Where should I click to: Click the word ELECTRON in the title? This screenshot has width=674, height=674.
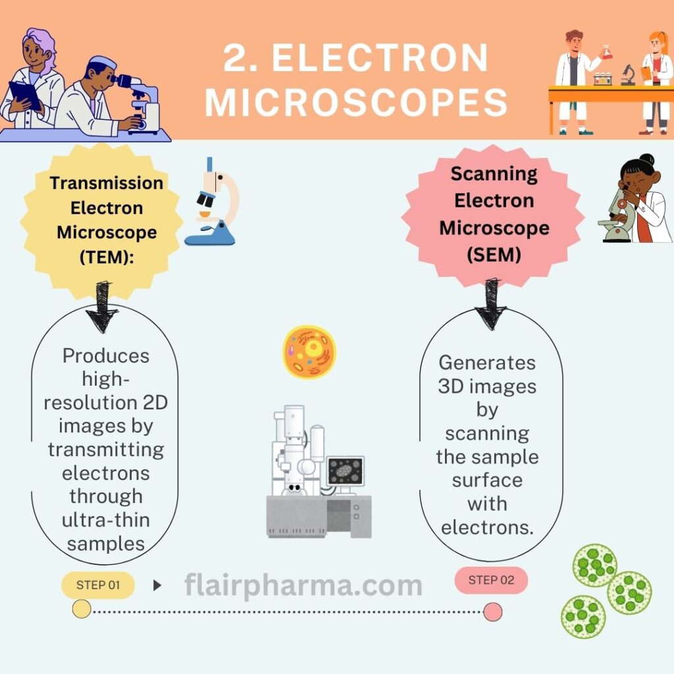pyautogui.click(x=380, y=58)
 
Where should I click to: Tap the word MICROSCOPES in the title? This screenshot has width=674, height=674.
pyautogui.click(x=356, y=102)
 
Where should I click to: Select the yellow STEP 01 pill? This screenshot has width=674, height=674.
pyautogui.click(x=98, y=585)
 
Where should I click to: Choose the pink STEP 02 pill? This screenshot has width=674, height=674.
pyautogui.click(x=491, y=581)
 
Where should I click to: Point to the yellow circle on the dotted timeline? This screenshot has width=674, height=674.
pyautogui.click(x=82, y=609)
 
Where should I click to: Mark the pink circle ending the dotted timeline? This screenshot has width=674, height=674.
pyautogui.click(x=492, y=611)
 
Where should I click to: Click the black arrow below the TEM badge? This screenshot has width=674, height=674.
pyautogui.click(x=102, y=307)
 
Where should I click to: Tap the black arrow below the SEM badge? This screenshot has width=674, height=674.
pyautogui.click(x=491, y=304)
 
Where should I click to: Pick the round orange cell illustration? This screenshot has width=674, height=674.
pyautogui.click(x=309, y=352)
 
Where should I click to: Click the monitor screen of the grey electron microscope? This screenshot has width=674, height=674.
pyautogui.click(x=345, y=471)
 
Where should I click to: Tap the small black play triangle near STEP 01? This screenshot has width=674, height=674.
pyautogui.click(x=157, y=585)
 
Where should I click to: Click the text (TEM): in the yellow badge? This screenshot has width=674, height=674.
pyautogui.click(x=107, y=257)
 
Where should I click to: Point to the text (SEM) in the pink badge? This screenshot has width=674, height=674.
pyautogui.click(x=494, y=255)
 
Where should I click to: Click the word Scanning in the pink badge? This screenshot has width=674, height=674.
pyautogui.click(x=494, y=174)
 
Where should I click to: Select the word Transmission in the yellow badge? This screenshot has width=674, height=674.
pyautogui.click(x=107, y=183)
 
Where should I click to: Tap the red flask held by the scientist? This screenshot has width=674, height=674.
pyautogui.click(x=607, y=51)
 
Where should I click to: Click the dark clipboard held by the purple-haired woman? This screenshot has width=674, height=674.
pyautogui.click(x=24, y=95)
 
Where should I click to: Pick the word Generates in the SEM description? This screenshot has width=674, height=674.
pyautogui.click(x=487, y=363)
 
